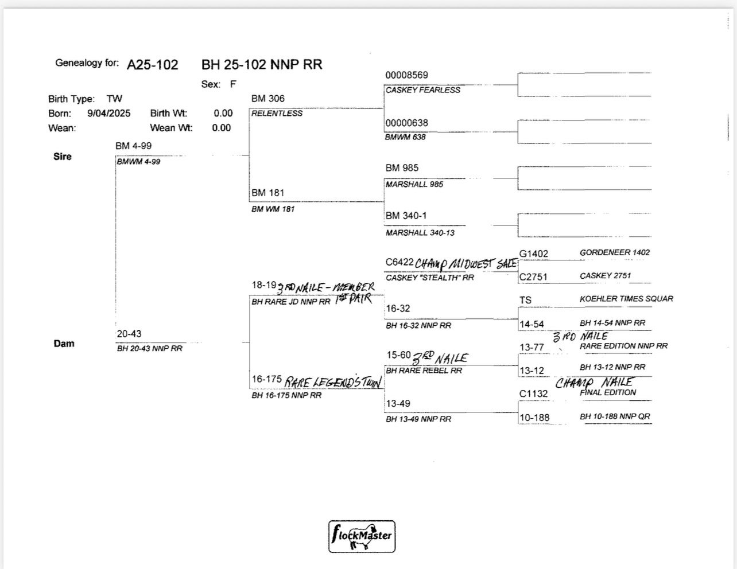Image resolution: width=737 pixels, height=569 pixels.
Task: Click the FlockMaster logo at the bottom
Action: [x=362, y=536]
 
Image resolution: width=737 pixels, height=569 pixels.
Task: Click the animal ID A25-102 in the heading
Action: [x=152, y=65]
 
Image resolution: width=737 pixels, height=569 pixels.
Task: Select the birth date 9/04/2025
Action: [x=108, y=114]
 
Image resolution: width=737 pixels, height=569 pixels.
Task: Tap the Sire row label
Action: [x=62, y=157]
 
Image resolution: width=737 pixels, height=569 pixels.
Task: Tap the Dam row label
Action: [x=64, y=344]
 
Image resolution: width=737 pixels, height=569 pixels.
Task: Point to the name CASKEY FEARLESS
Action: [x=422, y=90]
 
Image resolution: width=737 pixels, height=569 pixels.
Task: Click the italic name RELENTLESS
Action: [x=277, y=114]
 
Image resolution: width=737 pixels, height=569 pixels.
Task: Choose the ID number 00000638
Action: [x=406, y=123]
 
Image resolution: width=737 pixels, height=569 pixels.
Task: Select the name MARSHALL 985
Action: [x=414, y=184]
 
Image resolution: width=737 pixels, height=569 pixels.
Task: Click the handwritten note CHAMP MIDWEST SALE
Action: [x=466, y=264]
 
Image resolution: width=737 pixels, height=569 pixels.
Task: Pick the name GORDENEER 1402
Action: [x=615, y=252]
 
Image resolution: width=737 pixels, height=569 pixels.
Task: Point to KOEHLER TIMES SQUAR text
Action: [x=626, y=299]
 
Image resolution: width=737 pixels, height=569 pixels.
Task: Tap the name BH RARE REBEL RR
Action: [x=424, y=371]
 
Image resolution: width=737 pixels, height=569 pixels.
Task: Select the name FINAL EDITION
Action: [x=608, y=393]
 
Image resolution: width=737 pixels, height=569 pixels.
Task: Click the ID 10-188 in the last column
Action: [x=534, y=418]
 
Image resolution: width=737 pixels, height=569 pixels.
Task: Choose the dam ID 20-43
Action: [x=129, y=334]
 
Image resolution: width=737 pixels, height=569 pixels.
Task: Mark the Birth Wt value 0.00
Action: [x=223, y=114]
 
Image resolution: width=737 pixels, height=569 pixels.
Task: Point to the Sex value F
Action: [x=233, y=84]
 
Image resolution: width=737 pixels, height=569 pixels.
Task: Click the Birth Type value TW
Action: [x=114, y=99]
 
